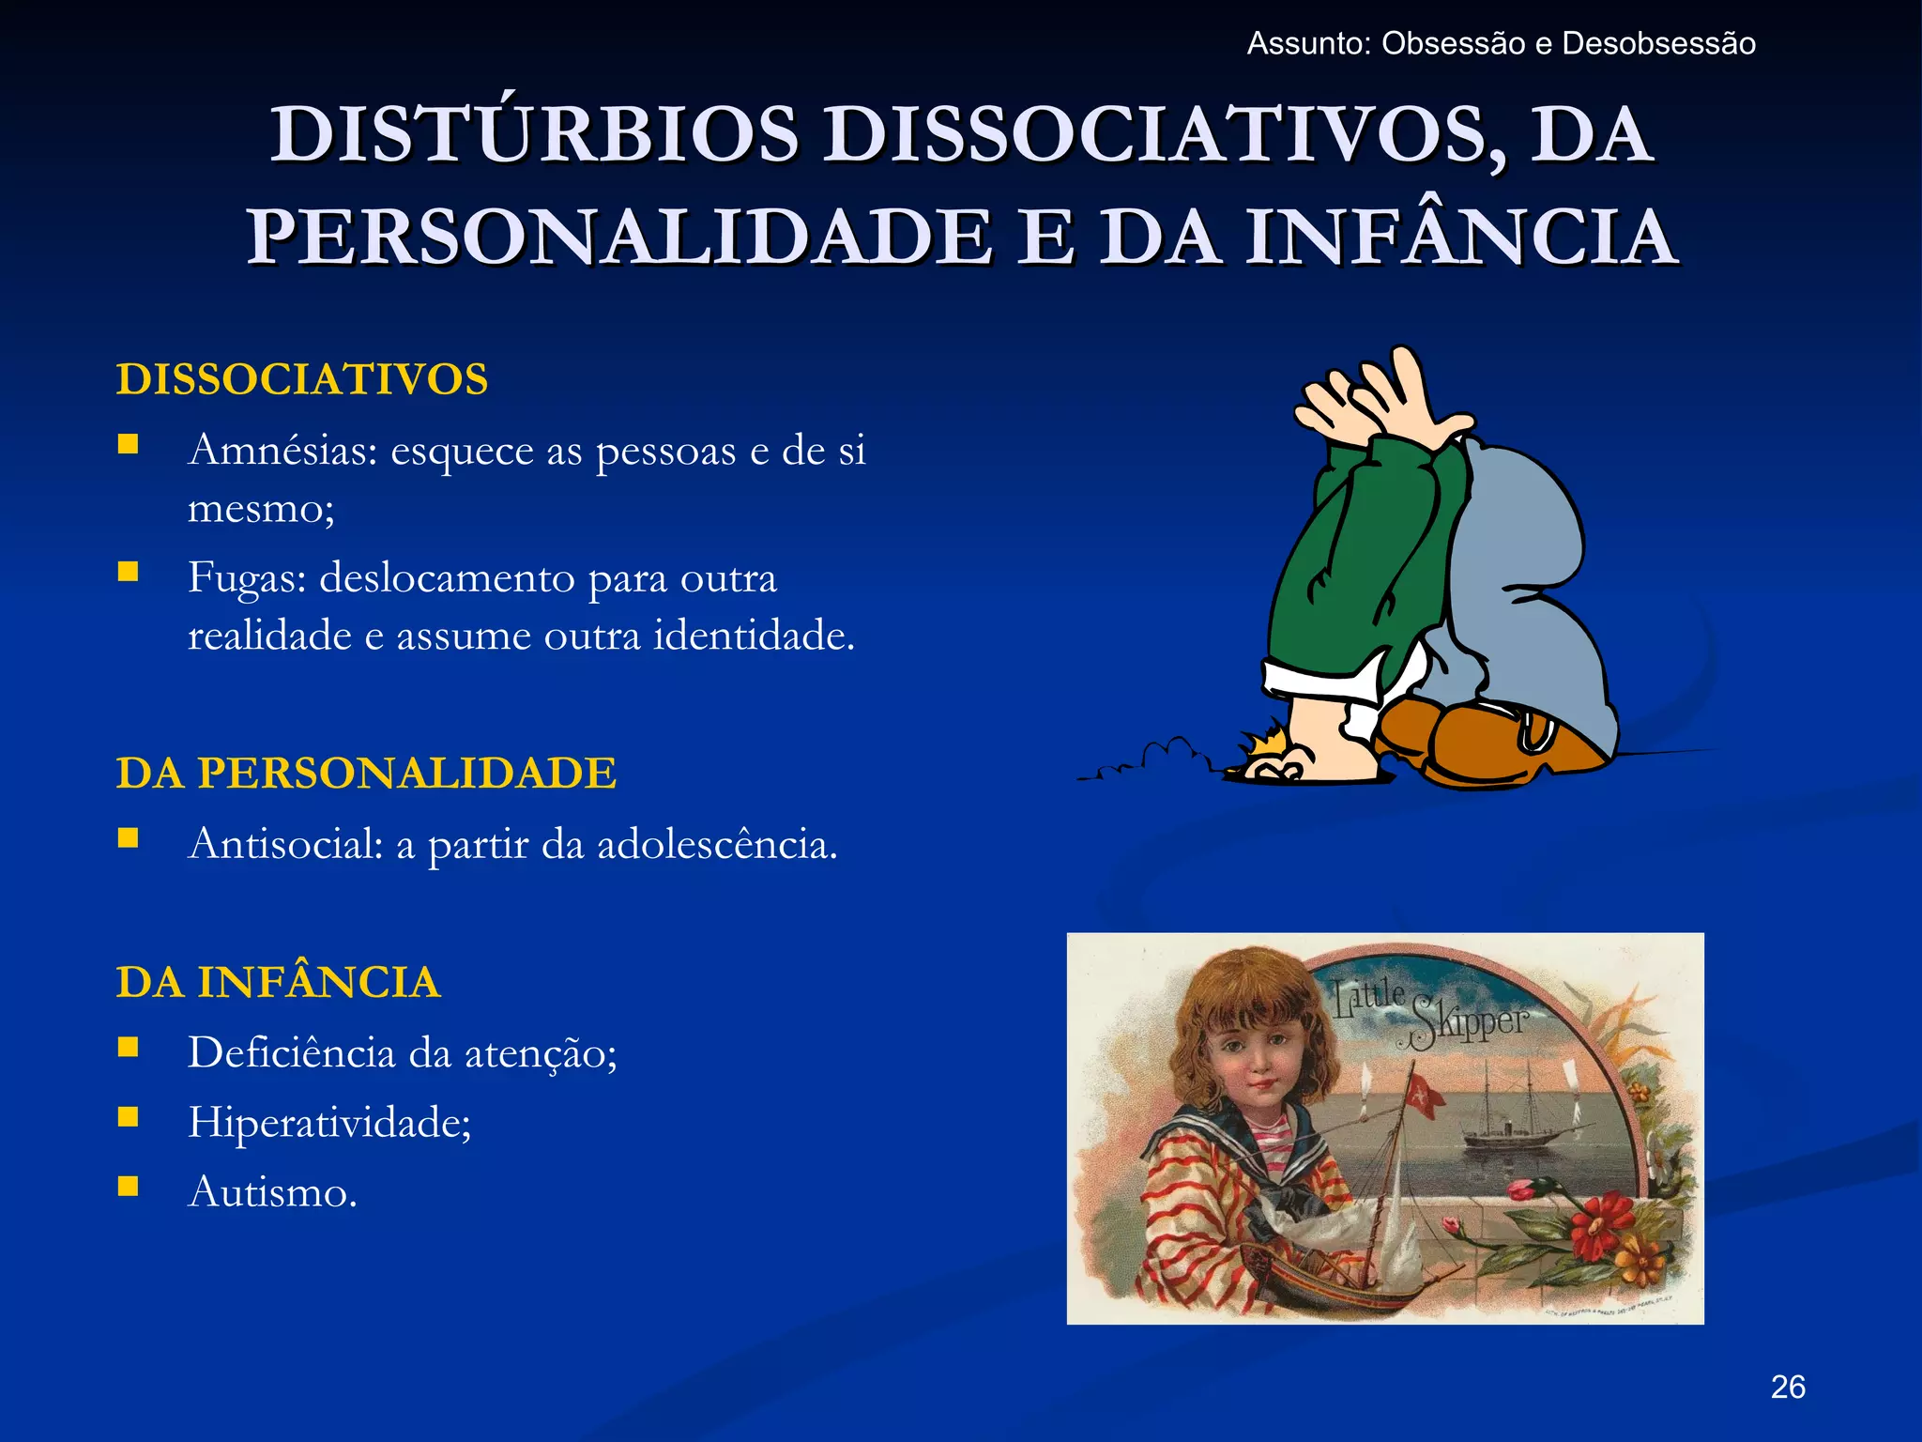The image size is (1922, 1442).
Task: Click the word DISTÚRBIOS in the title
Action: click(x=535, y=134)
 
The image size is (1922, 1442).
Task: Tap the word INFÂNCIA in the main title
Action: click(x=1461, y=237)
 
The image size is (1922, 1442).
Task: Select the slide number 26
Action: click(x=1788, y=1387)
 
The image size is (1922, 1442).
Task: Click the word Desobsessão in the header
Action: click(x=1658, y=44)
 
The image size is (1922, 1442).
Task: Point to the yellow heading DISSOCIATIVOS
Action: click(x=302, y=379)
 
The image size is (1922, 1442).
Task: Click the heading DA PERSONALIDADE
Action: click(x=366, y=774)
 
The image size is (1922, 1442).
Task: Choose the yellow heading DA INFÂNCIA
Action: click(x=279, y=983)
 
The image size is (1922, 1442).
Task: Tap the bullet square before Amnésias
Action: click(x=129, y=444)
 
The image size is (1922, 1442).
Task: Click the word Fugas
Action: click(x=248, y=577)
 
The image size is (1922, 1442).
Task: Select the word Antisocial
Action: click(x=285, y=844)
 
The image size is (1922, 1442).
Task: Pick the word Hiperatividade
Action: click(x=328, y=1122)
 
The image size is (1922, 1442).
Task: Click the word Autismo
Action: click(x=272, y=1192)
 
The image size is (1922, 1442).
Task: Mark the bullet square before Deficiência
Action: click(x=129, y=1047)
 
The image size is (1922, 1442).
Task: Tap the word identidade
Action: click(x=754, y=636)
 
